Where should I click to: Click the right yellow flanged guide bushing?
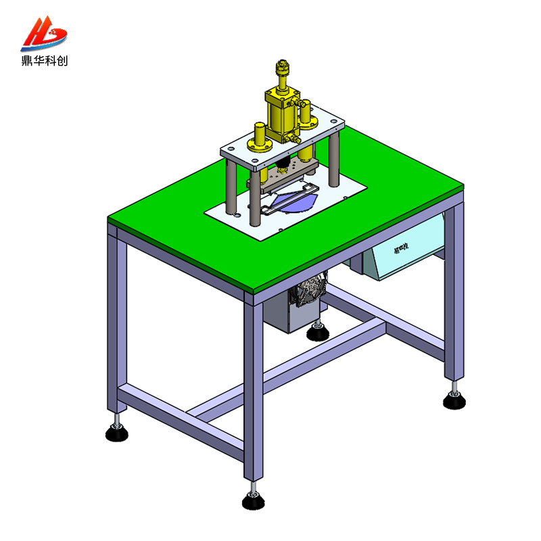307,115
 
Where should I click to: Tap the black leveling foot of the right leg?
454,401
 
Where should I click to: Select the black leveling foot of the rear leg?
316,333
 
